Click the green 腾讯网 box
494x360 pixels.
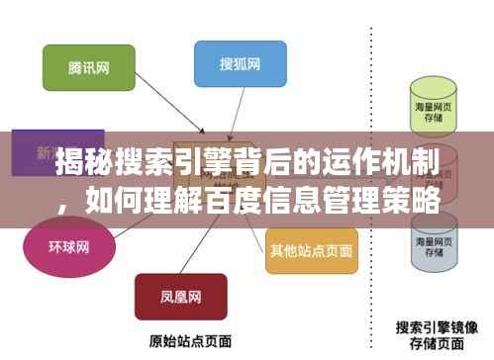click(x=74, y=67)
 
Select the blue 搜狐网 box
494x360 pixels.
click(x=240, y=66)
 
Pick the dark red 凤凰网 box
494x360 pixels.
click(x=180, y=297)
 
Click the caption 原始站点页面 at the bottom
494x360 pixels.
click(x=182, y=341)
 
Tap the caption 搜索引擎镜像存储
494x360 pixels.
click(x=437, y=332)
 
